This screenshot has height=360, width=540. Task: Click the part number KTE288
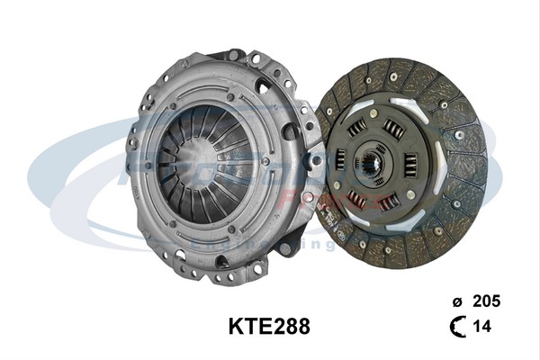point(269,325)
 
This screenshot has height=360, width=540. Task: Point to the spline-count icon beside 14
point(456,328)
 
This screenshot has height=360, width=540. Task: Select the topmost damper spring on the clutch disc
point(393,128)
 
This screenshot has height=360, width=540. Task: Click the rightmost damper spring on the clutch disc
point(411,166)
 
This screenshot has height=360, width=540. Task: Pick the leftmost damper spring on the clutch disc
point(340,160)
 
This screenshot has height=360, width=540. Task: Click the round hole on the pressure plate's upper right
point(264,86)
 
